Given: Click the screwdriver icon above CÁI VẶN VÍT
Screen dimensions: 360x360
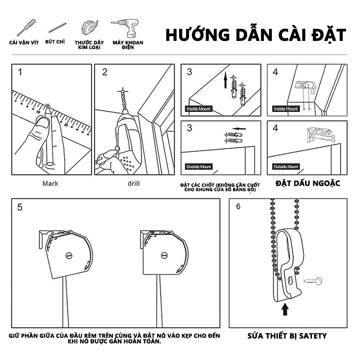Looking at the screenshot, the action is (27, 27).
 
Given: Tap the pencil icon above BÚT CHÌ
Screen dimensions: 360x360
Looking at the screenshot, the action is (57, 27).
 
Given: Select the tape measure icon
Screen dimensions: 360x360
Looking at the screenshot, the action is (90, 27).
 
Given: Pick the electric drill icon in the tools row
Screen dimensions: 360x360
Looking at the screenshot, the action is (126, 28).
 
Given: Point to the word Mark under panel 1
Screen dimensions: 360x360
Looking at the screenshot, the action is (50, 184).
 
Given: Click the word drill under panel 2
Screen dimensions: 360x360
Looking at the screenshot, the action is (134, 184).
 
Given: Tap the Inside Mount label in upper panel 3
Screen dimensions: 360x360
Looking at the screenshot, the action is (198, 109).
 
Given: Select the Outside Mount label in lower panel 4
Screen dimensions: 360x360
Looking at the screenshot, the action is (286, 166).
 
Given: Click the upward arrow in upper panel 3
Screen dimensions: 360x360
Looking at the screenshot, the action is (225, 80).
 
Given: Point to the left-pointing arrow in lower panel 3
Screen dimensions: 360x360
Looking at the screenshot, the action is (239, 129).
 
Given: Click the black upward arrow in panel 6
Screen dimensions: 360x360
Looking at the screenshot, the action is (285, 309).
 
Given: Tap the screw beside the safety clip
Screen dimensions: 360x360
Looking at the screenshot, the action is (313, 281).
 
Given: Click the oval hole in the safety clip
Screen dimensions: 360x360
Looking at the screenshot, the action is (290, 280).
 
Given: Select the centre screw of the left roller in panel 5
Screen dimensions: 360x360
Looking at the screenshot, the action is (69, 256).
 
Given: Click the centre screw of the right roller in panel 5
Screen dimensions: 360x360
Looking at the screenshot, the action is (164, 255).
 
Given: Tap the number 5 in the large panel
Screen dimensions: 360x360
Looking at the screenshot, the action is (20, 207).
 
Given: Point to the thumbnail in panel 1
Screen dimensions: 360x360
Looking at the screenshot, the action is (42, 122).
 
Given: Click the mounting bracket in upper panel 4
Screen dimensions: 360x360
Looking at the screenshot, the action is (306, 87).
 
